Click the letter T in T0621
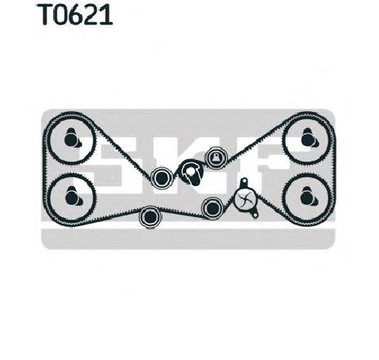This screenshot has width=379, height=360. (x=47, y=15)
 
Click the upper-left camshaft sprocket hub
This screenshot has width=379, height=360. (x=72, y=138)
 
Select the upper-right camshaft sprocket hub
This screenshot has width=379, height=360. (x=309, y=138)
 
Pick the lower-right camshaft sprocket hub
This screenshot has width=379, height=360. (x=309, y=197)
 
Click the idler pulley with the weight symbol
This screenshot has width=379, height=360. (x=216, y=158)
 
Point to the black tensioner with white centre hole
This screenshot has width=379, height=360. (x=191, y=172)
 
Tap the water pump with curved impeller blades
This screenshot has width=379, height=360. (x=245, y=198)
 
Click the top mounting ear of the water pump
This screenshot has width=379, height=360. (x=243, y=181)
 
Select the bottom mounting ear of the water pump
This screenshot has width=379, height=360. (x=254, y=215)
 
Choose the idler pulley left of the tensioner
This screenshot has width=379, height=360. (x=161, y=178)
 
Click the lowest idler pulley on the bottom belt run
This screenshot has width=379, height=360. (x=150, y=217)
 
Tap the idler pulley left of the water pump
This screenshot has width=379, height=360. (x=212, y=208)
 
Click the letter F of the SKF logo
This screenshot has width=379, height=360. (x=261, y=163)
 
